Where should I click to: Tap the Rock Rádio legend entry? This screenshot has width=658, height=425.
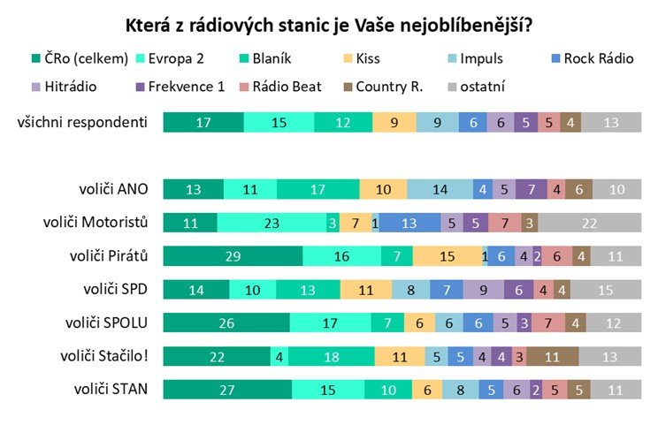click(x=599, y=59)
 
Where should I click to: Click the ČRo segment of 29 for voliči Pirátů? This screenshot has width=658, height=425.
click(x=233, y=255)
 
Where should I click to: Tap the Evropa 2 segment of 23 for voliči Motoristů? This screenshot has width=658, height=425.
click(x=271, y=222)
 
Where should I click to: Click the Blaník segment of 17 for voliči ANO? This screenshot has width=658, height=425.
click(x=318, y=189)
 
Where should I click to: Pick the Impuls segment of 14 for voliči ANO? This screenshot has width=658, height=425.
click(x=440, y=189)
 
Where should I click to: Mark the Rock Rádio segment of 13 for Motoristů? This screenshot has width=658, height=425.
click(x=409, y=222)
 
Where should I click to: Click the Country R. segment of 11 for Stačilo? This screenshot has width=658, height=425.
click(x=553, y=356)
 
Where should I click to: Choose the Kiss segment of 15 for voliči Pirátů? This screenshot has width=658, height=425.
click(x=448, y=255)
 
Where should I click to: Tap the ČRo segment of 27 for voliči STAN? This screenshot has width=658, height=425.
click(x=227, y=390)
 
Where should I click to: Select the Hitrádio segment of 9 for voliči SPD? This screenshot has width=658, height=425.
click(x=483, y=289)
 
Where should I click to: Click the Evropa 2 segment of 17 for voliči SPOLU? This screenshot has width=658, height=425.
click(x=330, y=323)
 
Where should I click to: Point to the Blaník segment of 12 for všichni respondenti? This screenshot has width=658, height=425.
click(x=343, y=123)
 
